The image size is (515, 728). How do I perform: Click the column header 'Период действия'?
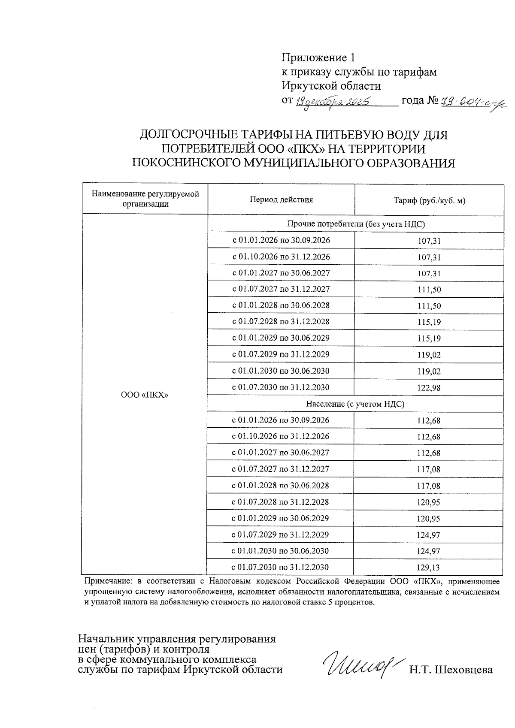281,199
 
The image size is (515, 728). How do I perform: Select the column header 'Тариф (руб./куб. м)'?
429,200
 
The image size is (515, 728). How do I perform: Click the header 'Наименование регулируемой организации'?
145,199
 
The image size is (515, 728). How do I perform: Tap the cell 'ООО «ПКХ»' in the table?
145,395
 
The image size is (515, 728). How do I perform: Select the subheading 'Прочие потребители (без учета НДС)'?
355,224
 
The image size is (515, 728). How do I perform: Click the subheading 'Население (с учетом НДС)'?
355,404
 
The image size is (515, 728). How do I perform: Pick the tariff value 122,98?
429,388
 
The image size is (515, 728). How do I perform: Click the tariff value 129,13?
428,568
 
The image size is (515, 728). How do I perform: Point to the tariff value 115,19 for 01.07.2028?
429,322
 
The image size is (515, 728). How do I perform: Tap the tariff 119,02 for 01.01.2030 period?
429,372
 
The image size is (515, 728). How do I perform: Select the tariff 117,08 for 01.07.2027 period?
428,470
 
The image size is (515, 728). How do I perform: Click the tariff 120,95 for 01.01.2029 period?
428,519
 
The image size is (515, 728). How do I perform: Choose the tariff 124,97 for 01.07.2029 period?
428,535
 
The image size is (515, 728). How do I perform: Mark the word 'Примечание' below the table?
108,582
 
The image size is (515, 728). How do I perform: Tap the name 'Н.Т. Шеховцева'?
451,670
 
